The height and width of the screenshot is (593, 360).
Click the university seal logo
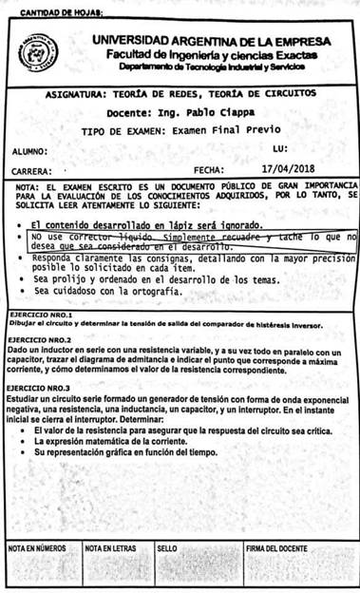point(41,52)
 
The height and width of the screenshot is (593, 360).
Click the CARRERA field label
point(31,170)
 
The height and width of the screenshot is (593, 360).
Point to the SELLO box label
point(168,548)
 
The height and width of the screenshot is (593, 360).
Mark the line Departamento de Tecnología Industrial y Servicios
point(211,68)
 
